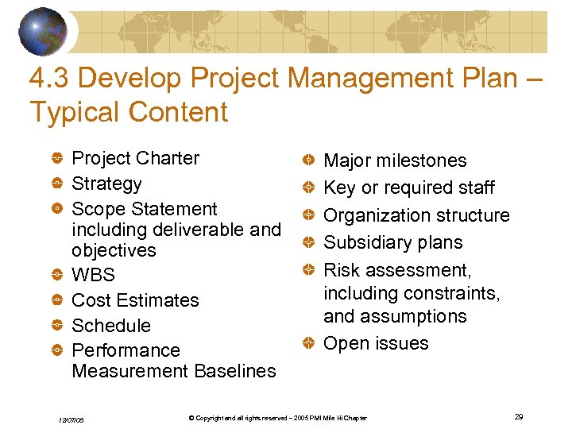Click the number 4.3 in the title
(49, 78)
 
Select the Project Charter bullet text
(135, 158)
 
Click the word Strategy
(106, 184)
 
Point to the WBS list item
(93, 275)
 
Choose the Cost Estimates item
(135, 300)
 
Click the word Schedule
(110, 326)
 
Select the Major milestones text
(395, 160)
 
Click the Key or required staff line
(408, 187)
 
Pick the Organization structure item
(416, 215)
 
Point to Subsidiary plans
(392, 242)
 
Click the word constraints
(451, 293)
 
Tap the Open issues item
(376, 343)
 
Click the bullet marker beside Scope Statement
(57, 210)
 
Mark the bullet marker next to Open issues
(308, 344)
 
